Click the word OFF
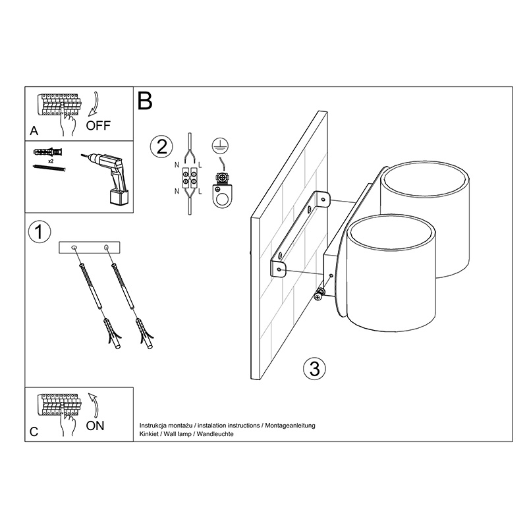click(98, 125)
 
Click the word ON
click(95, 426)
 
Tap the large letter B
click(145, 101)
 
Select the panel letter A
click(34, 130)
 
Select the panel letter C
click(34, 431)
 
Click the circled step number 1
click(40, 232)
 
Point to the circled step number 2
click(161, 147)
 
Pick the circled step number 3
click(315, 369)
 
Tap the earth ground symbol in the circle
click(221, 145)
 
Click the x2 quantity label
click(51, 161)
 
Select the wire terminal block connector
click(190, 178)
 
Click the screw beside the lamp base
click(319, 294)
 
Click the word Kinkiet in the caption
click(149, 434)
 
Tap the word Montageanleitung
click(290, 426)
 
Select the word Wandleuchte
click(215, 434)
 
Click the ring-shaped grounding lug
click(222, 196)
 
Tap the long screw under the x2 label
click(49, 168)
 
